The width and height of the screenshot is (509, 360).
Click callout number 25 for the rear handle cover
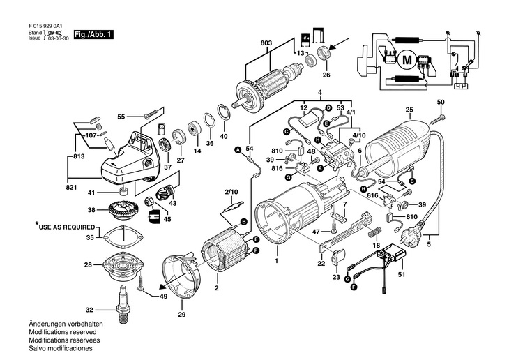(x=409, y=110)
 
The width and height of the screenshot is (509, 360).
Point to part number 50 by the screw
(x=441, y=103)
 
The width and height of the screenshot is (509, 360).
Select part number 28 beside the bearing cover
(x=89, y=265)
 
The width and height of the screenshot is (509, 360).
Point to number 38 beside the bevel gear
(x=91, y=210)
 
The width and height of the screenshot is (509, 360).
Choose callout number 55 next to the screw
(x=121, y=117)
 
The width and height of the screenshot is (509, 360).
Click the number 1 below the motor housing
(x=276, y=260)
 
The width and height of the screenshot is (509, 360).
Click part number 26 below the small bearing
(x=326, y=75)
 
